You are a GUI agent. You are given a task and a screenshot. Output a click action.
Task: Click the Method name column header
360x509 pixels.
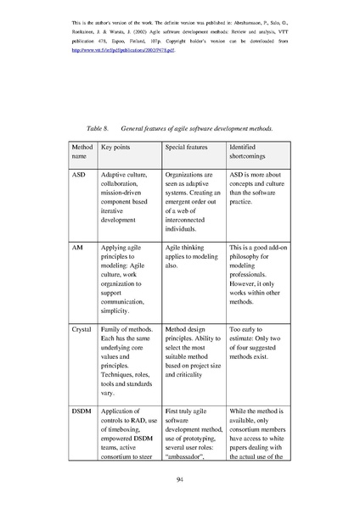(79, 152)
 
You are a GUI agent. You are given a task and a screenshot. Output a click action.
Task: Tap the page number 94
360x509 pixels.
(180, 480)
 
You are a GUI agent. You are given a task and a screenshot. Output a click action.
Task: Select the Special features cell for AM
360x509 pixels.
(190, 255)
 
